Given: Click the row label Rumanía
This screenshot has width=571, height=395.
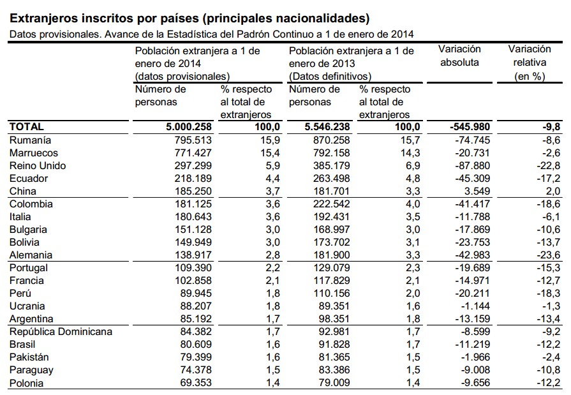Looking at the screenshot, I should coord(30,140).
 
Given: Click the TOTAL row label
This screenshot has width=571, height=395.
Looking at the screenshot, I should coord(26,127).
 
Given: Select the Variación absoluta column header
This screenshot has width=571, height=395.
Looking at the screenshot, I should coord(459,56).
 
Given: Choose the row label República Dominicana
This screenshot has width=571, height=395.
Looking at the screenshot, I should coord(61,331).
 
